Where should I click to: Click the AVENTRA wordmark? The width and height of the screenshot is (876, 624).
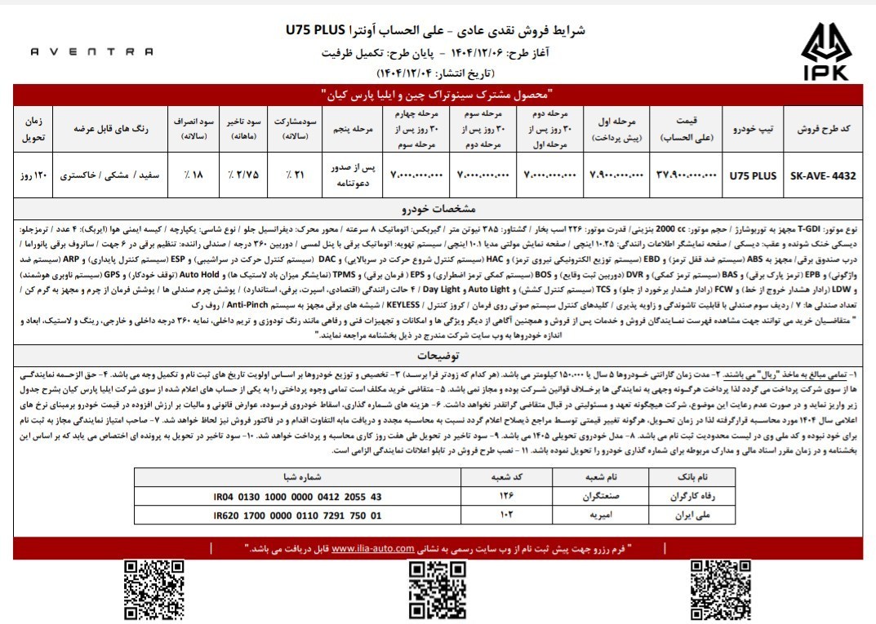tap(91, 51)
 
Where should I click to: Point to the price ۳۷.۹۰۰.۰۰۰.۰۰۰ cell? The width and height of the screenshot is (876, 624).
tap(685, 175)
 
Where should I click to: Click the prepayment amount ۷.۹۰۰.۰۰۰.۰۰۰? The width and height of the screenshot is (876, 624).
tap(617, 175)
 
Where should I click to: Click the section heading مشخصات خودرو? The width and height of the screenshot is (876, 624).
tap(438, 207)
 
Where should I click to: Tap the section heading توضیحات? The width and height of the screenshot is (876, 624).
tap(438, 356)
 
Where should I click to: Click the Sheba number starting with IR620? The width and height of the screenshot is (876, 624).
tap(296, 515)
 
